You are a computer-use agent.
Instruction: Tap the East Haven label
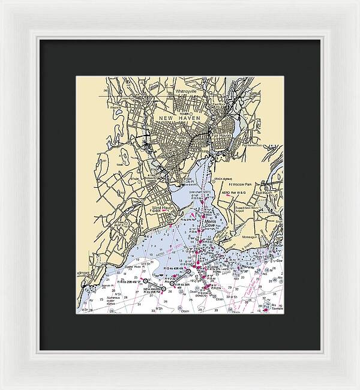(264, 193)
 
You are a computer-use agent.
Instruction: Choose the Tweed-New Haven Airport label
(246, 209)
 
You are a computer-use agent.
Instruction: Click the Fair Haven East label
(252, 145)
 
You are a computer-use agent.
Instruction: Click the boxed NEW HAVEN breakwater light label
(154, 289)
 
